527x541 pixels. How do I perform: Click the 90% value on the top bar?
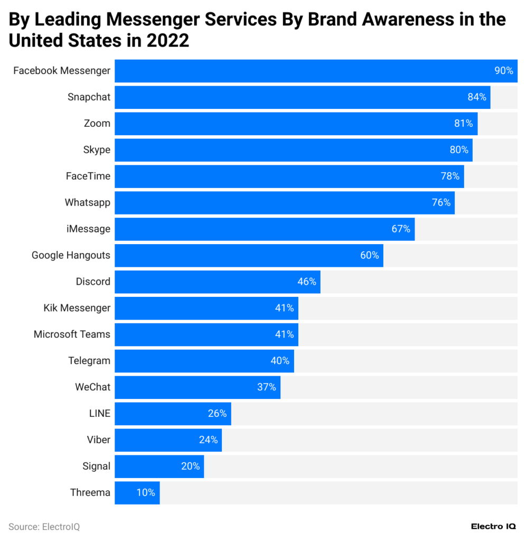pyautogui.click(x=503, y=71)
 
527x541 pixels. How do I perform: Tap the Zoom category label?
pyautogui.click(x=97, y=124)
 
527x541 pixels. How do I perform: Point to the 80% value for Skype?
pyautogui.click(x=459, y=150)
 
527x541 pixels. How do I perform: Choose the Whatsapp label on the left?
pyautogui.click(x=88, y=202)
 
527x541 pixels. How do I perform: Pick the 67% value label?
pyautogui.click(x=401, y=229)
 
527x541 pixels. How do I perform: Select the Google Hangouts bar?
pyautogui.click(x=249, y=255)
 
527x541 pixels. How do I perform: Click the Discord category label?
pyautogui.click(x=93, y=282)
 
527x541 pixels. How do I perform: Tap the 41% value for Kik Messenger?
pyautogui.click(x=284, y=308)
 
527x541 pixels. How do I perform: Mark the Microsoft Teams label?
pyautogui.click(x=72, y=334)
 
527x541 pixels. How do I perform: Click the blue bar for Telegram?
pyautogui.click(x=204, y=361)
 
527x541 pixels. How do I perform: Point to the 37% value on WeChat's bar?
pyautogui.click(x=266, y=387)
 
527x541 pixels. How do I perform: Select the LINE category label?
pyautogui.click(x=100, y=414)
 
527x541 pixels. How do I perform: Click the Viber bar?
pyautogui.click(x=168, y=440)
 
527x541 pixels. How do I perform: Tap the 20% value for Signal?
pyautogui.click(x=190, y=467)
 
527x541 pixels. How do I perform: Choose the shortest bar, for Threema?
pyautogui.click(x=137, y=493)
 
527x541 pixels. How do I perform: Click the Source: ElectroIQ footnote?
pyautogui.click(x=44, y=527)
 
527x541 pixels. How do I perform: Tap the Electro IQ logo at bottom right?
pyautogui.click(x=493, y=526)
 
